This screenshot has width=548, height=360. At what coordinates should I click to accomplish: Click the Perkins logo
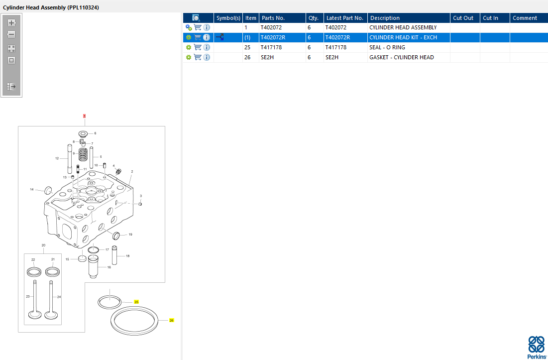536,348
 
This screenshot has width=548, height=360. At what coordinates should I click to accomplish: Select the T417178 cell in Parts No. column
271,47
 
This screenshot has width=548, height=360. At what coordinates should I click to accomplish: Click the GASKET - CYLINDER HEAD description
402,57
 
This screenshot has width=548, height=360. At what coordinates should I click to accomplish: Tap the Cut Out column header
463,18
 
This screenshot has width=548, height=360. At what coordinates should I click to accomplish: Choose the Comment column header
525,18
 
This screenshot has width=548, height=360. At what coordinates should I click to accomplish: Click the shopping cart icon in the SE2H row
198,57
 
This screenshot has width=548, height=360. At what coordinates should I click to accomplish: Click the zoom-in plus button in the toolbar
11,23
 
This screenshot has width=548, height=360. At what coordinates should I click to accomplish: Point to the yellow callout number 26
171,320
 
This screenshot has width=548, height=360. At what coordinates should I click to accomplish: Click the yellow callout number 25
136,302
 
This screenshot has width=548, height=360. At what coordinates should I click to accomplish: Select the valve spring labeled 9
83,154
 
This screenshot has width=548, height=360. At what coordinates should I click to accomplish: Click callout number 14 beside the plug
32,189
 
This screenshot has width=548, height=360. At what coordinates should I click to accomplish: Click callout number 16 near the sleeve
109,267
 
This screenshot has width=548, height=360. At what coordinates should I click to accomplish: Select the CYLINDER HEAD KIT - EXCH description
403,37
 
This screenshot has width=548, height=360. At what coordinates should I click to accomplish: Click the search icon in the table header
196,18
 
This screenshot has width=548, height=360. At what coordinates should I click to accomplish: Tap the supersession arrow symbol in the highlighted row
219,37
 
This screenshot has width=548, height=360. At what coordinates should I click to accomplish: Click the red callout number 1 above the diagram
84,116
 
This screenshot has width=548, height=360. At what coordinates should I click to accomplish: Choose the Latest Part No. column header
345,18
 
